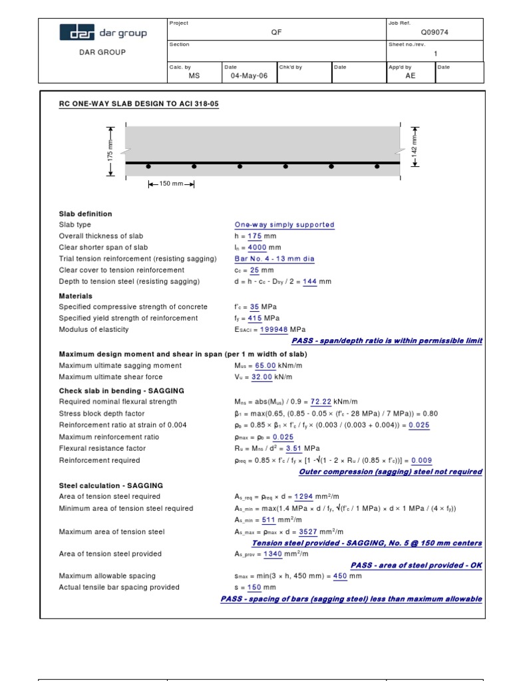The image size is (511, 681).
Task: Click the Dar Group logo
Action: [x=103, y=33]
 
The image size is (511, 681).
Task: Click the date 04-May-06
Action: [x=249, y=76]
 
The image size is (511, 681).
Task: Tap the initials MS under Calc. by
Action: [x=194, y=76]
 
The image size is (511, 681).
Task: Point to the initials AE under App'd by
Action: [x=410, y=76]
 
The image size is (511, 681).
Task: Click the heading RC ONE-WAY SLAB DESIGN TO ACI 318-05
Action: [x=139, y=104]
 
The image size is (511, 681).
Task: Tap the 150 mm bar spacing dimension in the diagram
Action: [x=171, y=184]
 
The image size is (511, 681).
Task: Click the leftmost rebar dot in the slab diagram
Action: [x=148, y=166]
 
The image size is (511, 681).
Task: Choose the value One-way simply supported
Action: [x=284, y=225]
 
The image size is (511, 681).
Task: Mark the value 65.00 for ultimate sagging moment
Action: [x=264, y=366]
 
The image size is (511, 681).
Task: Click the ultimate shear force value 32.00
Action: [x=260, y=377]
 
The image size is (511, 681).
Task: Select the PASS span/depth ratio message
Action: [x=387, y=341]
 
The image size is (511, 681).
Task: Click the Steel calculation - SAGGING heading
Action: [x=110, y=485]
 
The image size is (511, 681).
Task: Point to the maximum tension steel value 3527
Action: [x=307, y=532]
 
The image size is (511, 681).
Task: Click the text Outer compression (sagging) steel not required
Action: [x=391, y=472]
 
